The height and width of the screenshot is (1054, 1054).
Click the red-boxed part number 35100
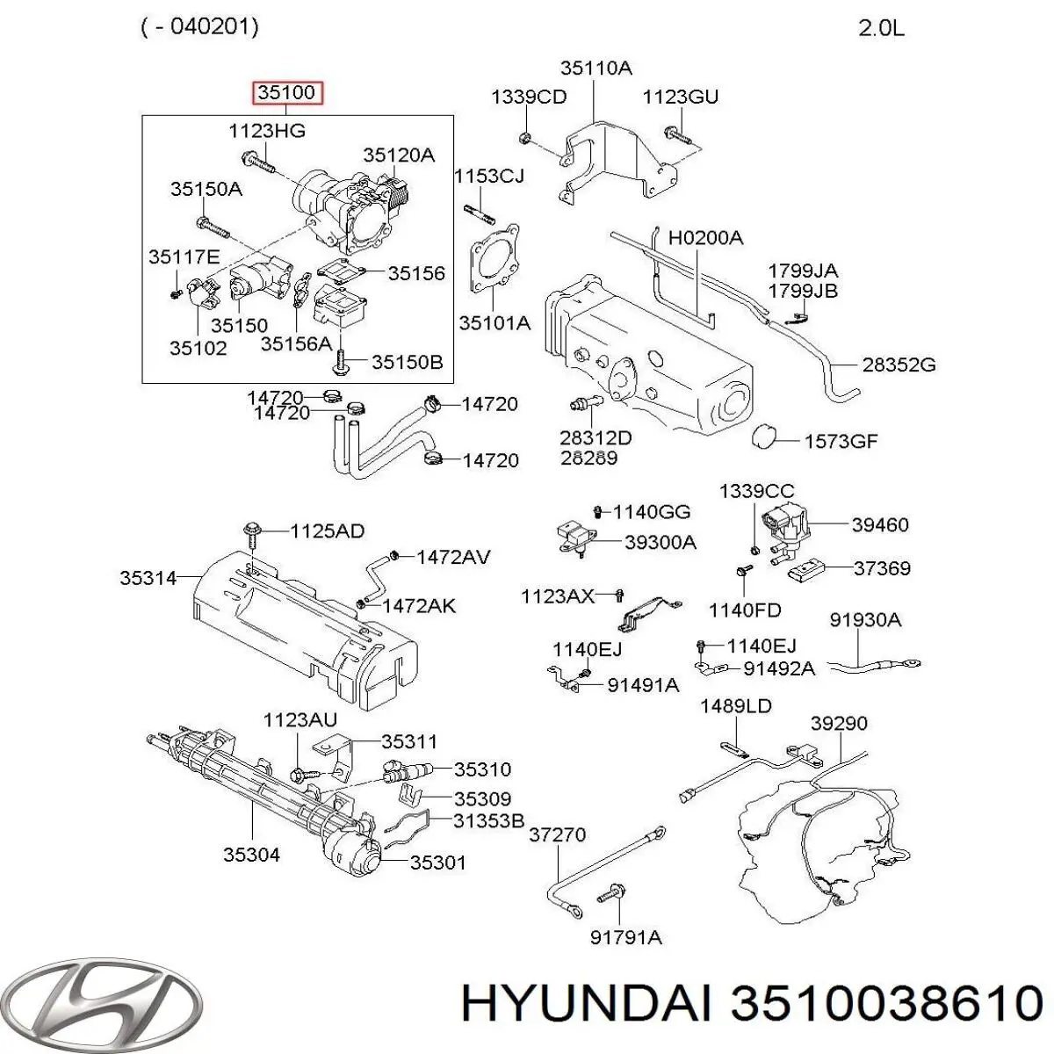click(x=288, y=92)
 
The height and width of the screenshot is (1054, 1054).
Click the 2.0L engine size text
click(x=881, y=28)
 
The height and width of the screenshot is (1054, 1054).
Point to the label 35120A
click(x=399, y=155)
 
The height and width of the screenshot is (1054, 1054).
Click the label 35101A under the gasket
click(x=495, y=323)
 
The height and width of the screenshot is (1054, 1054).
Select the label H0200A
click(x=706, y=237)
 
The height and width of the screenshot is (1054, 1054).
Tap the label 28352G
click(x=899, y=365)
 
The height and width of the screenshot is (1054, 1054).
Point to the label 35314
click(x=148, y=578)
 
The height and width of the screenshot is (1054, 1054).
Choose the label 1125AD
click(x=327, y=531)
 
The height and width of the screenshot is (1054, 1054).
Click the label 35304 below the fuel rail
click(x=251, y=855)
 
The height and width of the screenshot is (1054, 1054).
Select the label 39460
click(x=880, y=524)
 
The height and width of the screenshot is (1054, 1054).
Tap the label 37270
click(x=557, y=834)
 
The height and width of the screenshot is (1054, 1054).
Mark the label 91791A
click(x=626, y=937)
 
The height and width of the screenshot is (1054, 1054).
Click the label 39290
click(x=839, y=724)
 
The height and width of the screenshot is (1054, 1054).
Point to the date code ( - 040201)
click(x=199, y=27)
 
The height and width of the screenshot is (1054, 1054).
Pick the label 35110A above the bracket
click(x=596, y=69)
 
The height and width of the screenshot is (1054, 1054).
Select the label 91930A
click(x=865, y=620)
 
